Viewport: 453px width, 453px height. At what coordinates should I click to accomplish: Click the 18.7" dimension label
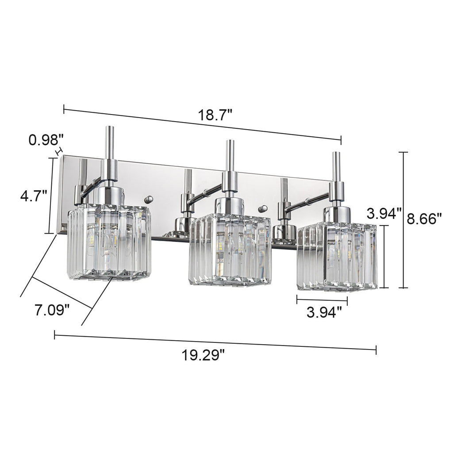point(215,116)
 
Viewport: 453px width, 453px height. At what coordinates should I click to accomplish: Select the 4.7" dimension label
point(33,195)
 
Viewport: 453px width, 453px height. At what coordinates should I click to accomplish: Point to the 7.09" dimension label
point(52,309)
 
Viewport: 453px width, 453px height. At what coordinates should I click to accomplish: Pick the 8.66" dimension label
point(425,219)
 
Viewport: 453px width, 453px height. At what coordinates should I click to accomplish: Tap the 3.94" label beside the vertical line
point(384,214)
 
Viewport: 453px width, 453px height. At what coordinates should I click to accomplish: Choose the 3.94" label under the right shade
point(324,313)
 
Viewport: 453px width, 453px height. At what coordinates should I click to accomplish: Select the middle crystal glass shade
point(229,250)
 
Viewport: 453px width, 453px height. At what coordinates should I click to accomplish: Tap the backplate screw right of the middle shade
point(264,207)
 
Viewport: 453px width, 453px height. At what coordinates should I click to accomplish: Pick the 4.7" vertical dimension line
point(50,195)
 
